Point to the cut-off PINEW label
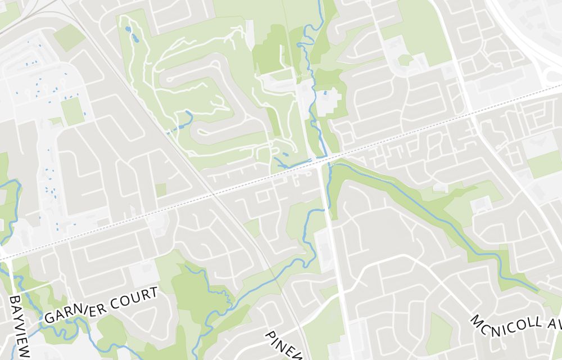(285, 343)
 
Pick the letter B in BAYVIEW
(15, 300)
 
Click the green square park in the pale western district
(72, 112)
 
